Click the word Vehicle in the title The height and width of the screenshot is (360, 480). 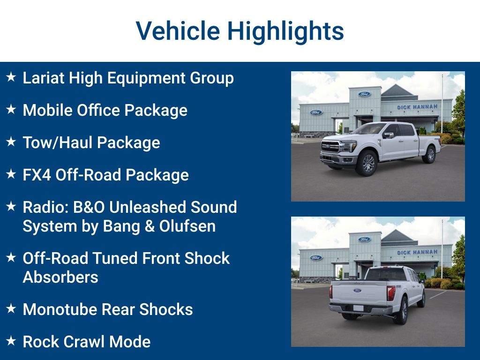(x=177, y=31)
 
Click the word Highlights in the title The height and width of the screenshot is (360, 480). (x=285, y=31)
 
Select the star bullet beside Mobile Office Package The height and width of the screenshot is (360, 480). (x=11, y=110)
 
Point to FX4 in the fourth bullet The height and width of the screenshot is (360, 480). (x=37, y=175)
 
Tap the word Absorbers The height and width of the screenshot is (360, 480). (x=60, y=277)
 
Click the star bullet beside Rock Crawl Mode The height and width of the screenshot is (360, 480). (x=11, y=341)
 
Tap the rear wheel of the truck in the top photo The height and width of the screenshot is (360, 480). (x=430, y=154)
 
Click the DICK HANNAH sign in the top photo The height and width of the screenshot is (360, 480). (x=417, y=107)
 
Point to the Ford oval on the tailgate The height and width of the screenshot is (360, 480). (x=357, y=291)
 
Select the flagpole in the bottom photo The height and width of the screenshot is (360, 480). (x=442, y=248)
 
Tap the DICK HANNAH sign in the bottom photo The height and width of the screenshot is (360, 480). (x=417, y=252)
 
